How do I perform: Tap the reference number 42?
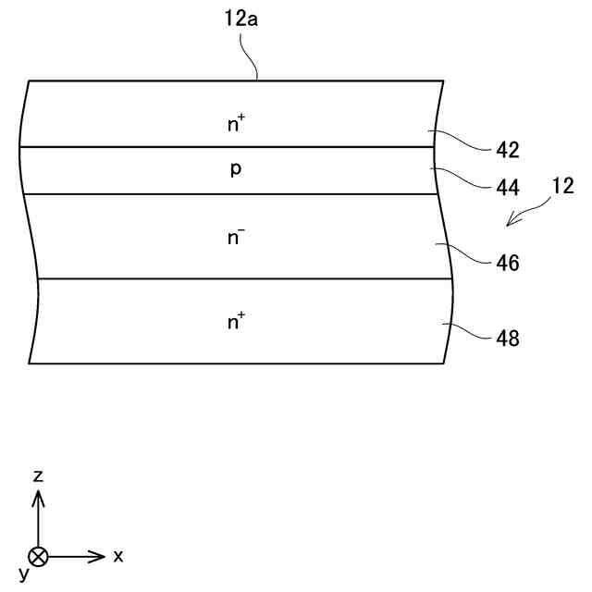click(x=508, y=150)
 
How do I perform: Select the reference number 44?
click(x=508, y=187)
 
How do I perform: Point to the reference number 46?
click(x=508, y=264)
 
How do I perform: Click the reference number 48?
click(x=508, y=339)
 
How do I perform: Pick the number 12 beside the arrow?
click(x=563, y=187)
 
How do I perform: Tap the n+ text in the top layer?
click(x=236, y=125)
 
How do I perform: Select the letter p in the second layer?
click(x=236, y=171)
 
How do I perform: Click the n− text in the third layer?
click(x=236, y=237)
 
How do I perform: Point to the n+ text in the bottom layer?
click(x=236, y=322)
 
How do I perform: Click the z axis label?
click(x=38, y=476)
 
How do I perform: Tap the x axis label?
click(x=118, y=556)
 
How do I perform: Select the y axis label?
click(x=24, y=575)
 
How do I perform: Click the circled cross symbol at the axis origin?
click(x=38, y=556)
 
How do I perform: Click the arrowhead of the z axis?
click(x=38, y=498)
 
